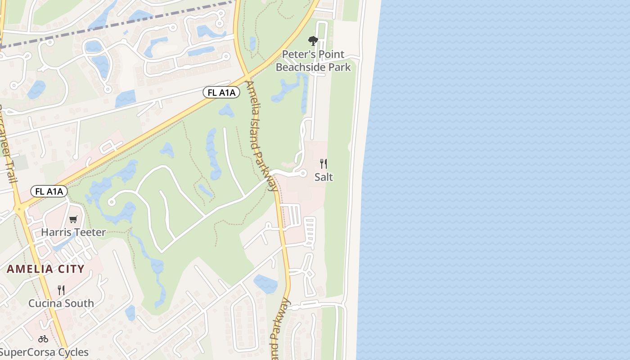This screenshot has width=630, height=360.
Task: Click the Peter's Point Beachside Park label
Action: point(313,61)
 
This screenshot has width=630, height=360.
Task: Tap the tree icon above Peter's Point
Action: point(313,41)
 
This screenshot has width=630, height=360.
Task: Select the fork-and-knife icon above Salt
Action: point(323,163)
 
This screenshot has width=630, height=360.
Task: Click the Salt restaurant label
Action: point(324,177)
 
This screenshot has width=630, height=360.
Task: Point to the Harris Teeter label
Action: point(73,232)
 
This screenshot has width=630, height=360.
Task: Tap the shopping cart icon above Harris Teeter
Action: point(73,219)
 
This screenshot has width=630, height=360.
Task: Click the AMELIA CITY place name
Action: point(45,269)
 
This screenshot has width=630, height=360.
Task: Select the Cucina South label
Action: point(61,303)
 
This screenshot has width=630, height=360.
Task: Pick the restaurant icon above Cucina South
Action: point(61,290)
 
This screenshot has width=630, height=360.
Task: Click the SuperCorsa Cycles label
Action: point(44,352)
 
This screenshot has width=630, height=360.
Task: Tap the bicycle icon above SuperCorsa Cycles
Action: point(43,339)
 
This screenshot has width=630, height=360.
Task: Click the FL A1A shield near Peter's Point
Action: point(221,93)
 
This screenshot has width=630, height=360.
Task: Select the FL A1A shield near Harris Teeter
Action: point(49,191)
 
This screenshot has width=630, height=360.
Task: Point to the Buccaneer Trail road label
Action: point(8,144)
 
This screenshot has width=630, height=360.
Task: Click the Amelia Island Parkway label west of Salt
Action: point(261,135)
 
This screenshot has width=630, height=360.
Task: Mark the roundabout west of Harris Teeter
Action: point(19,209)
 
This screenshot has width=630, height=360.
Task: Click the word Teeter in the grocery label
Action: point(91,232)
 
